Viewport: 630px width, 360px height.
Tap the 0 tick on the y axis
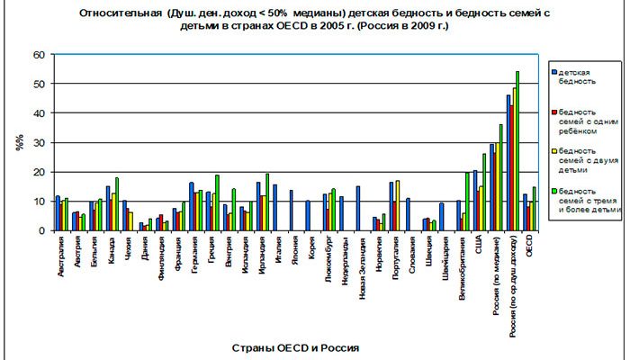coord(40,230)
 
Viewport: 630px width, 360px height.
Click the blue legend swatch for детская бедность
coord(553,71)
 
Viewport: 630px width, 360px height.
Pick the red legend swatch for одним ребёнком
coord(553,111)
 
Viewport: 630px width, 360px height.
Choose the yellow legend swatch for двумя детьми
coord(553,150)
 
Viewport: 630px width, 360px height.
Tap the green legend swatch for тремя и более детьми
coord(553,191)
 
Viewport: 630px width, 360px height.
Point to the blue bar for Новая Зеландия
coord(357,208)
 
